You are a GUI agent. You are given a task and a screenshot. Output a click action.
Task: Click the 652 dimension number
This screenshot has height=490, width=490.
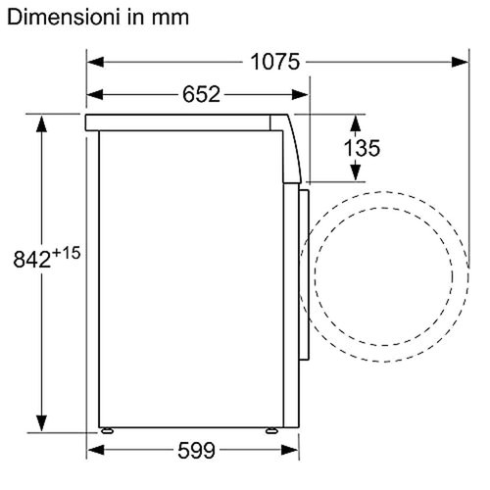pos(199,94)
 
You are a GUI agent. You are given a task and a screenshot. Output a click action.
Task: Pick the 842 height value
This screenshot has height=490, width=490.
pos(30,260)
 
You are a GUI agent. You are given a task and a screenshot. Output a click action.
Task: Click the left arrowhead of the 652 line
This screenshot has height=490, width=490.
pos(93,94)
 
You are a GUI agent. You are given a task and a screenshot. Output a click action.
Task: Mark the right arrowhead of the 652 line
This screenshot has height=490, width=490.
pos(303,94)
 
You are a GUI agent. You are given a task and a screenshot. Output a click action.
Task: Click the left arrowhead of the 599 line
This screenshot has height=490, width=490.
pos(93,452)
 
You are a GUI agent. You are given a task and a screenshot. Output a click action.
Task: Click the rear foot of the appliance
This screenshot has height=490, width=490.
pos(105,431)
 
